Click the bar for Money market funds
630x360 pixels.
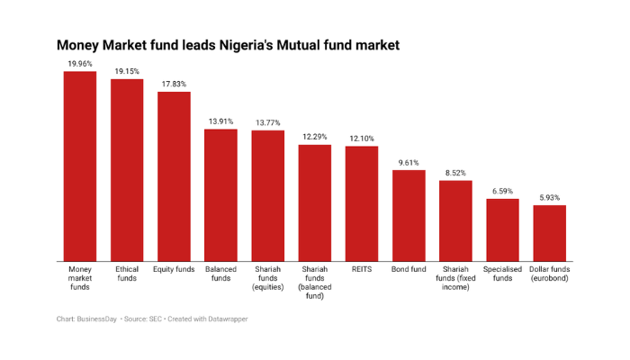click(x=79, y=166)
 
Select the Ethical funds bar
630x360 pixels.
click(x=127, y=170)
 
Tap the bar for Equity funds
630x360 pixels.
click(x=174, y=176)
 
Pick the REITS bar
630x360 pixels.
click(x=361, y=203)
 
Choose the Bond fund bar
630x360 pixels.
click(x=409, y=215)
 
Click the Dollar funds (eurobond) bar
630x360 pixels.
click(x=549, y=233)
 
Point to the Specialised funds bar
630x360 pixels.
click(x=502, y=229)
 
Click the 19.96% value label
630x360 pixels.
click(x=79, y=64)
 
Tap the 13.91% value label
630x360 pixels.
click(x=220, y=121)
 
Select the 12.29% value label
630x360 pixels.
click(x=314, y=137)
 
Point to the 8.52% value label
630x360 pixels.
click(x=455, y=173)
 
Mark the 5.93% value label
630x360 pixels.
click(x=549, y=197)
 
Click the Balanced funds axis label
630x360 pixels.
click(x=220, y=274)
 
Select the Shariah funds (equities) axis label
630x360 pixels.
click(x=267, y=278)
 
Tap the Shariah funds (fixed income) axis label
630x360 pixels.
click(x=455, y=278)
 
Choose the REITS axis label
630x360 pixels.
click(x=361, y=269)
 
